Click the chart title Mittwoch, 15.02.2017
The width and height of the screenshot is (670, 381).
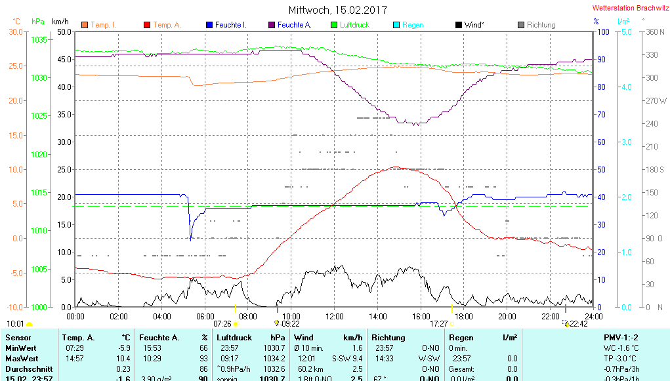(x=337, y=10)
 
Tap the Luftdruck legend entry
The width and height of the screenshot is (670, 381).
(x=355, y=25)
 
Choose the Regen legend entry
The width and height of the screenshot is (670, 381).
(x=413, y=25)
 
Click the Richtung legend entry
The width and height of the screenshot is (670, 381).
(x=541, y=25)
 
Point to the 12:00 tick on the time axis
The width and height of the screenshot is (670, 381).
(x=334, y=316)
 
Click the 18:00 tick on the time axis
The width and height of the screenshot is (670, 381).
(x=464, y=316)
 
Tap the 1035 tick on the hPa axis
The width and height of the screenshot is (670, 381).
(x=39, y=40)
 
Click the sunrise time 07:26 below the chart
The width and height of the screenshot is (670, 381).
(x=222, y=323)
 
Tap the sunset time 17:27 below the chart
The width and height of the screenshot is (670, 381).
(x=438, y=323)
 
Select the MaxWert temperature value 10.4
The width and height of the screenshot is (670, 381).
(x=123, y=359)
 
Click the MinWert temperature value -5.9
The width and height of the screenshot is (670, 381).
(x=123, y=348)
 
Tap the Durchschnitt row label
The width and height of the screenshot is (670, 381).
(x=26, y=369)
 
